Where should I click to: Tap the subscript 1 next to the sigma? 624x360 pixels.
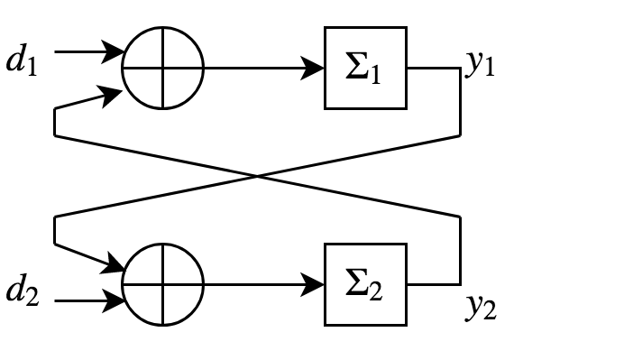pyautogui.click(x=374, y=75)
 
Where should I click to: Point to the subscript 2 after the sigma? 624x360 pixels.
pyautogui.click(x=375, y=291)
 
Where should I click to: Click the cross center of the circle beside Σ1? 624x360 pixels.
pyautogui.click(x=162, y=69)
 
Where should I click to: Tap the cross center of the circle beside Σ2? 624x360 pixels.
pyautogui.click(x=162, y=284)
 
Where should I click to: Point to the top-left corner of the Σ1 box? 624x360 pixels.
pyautogui.click(x=327, y=30)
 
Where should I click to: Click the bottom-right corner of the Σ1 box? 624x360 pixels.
pyautogui.click(x=403, y=106)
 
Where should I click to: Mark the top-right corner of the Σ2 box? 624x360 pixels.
pyautogui.click(x=403, y=246)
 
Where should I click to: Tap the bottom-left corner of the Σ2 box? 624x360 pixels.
pyautogui.click(x=327, y=322)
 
